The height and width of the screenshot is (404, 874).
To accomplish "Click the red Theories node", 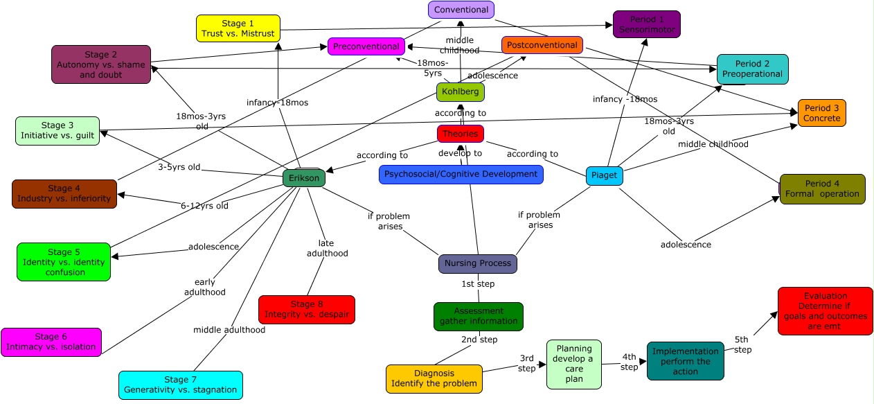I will tap(461, 133).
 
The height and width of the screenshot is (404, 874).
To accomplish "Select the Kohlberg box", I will tap(461, 91).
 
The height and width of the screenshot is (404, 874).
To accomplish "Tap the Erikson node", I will tap(304, 178).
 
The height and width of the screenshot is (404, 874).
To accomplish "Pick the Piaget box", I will tap(604, 175).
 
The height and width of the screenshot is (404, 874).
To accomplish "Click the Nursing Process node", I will tap(478, 263).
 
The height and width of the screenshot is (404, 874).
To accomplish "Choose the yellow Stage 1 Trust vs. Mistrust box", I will tap(238, 28).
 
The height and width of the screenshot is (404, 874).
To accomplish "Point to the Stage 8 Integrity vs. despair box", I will tap(306, 309).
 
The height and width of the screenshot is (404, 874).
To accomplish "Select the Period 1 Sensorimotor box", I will tap(647, 24).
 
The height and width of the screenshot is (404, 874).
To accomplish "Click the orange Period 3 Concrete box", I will tap(821, 113).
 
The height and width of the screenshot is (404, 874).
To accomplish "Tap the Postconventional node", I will tap(542, 45).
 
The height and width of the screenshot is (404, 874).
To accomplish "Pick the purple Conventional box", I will tap(461, 10).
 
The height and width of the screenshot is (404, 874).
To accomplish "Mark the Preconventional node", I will tap(366, 46).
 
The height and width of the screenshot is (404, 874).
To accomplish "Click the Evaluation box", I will tap(825, 311).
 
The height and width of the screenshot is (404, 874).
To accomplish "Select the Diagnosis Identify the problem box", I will tap(434, 378).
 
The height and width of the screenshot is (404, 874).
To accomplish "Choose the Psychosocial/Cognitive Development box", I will tap(461, 174).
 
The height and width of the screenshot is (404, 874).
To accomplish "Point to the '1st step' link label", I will tap(478, 283).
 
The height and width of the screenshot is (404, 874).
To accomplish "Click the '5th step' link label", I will tap(742, 344).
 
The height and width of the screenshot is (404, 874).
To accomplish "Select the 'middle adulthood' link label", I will tap(229, 330).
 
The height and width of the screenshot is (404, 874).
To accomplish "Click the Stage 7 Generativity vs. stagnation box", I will tap(180, 385).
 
